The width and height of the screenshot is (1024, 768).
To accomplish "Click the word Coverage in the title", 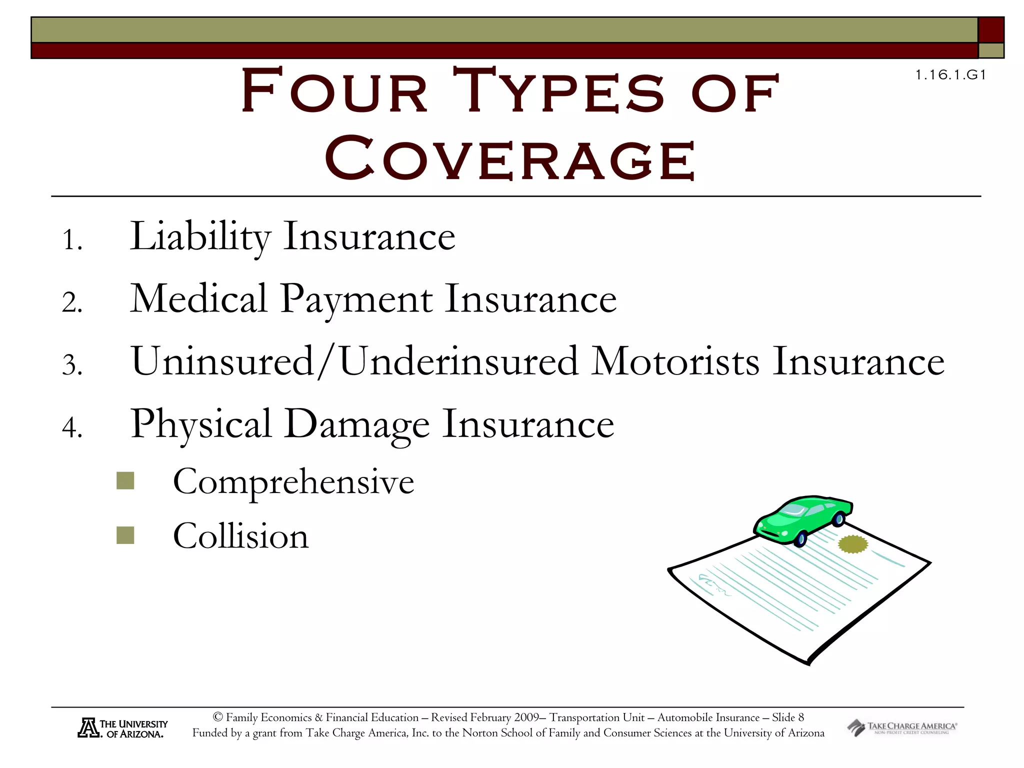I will tap(510, 159).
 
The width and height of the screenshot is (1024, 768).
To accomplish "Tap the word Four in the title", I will tap(334, 91).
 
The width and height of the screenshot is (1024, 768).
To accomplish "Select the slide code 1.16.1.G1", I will tap(950, 75).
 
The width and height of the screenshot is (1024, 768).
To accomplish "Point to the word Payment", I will tap(356, 299).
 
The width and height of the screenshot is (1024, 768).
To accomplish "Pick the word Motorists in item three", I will tap(675, 361).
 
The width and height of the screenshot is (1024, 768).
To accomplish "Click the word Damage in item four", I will tap(356, 424).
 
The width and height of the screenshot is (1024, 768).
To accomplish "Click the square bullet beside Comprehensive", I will tap(125, 480).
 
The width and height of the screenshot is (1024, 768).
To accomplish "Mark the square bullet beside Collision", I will tap(125, 535).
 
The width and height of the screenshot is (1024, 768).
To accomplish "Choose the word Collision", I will tap(240, 536).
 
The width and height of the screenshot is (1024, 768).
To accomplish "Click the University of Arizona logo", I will tap(122, 728).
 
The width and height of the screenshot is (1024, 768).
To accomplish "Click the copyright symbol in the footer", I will tap(217, 717).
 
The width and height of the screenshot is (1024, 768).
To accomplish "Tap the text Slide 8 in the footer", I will tap(787, 717).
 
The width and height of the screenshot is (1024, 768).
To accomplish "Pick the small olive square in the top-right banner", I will tap(991, 50).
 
